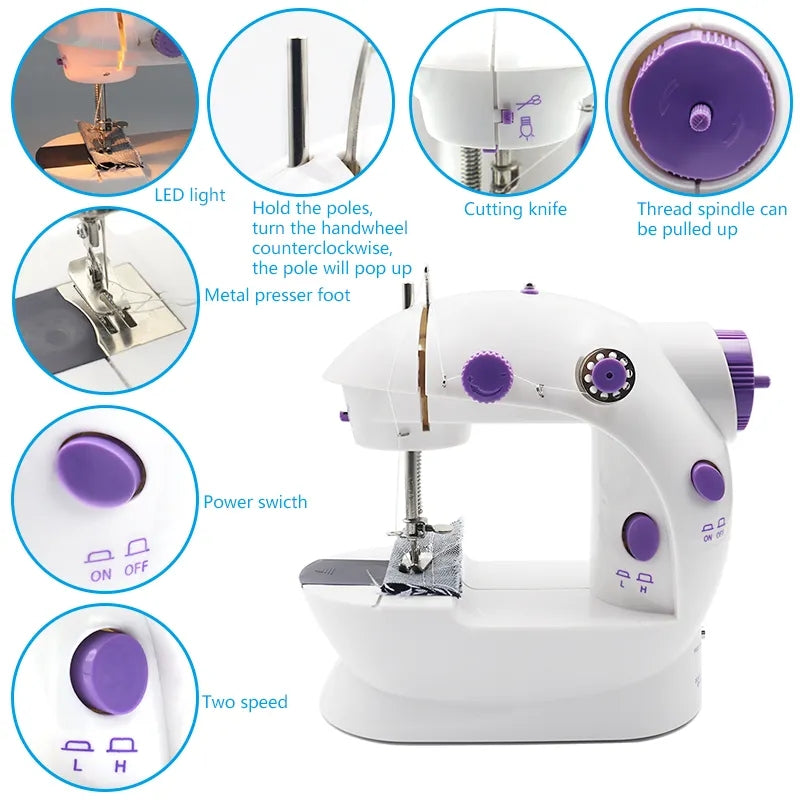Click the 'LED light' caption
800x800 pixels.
tap(190, 195)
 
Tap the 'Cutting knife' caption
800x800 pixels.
tap(515, 209)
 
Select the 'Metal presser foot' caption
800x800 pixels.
tap(278, 295)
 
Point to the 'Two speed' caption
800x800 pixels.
tap(245, 702)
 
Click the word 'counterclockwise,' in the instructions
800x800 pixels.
tap(322, 248)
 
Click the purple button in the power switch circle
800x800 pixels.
tap(101, 469)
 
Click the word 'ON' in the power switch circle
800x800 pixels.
tap(101, 575)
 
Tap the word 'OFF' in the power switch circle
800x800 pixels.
tap(136, 568)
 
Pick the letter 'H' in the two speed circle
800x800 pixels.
tap(120, 766)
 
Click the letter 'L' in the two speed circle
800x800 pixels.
tap(77, 765)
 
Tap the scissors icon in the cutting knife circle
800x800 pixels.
tap(529, 103)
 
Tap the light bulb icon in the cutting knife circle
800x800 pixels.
tap(526, 128)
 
